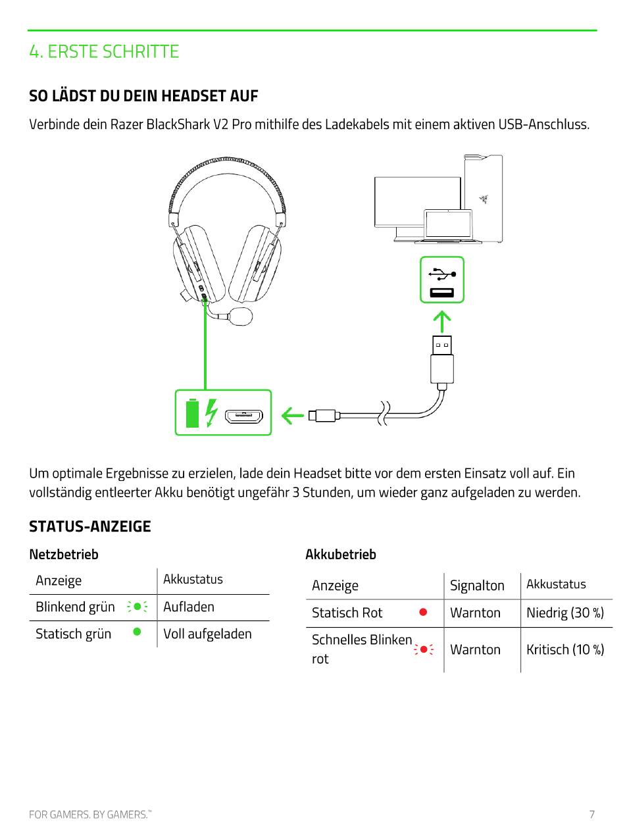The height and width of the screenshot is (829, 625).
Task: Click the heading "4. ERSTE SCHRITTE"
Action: [x=104, y=51]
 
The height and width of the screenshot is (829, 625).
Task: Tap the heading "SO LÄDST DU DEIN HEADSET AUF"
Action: [x=143, y=96]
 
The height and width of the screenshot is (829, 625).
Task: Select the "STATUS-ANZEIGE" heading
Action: [x=90, y=526]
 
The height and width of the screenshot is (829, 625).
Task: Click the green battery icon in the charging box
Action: [x=192, y=413]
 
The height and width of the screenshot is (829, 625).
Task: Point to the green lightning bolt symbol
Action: [x=211, y=413]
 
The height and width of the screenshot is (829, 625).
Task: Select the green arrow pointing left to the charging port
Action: [x=293, y=415]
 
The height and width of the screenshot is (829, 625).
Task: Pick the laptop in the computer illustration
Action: [x=448, y=226]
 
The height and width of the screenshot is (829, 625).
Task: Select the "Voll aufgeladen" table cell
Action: [x=207, y=634]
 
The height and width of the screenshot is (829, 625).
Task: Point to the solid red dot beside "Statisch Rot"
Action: [x=423, y=612]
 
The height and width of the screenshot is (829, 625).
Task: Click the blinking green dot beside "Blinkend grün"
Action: [x=136, y=607]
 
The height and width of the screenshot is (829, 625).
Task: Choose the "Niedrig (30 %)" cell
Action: [x=565, y=613]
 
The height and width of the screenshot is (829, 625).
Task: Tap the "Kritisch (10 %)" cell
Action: [x=565, y=649]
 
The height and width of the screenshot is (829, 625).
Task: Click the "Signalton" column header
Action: [x=477, y=586]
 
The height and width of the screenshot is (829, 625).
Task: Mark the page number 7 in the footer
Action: [x=591, y=814]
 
